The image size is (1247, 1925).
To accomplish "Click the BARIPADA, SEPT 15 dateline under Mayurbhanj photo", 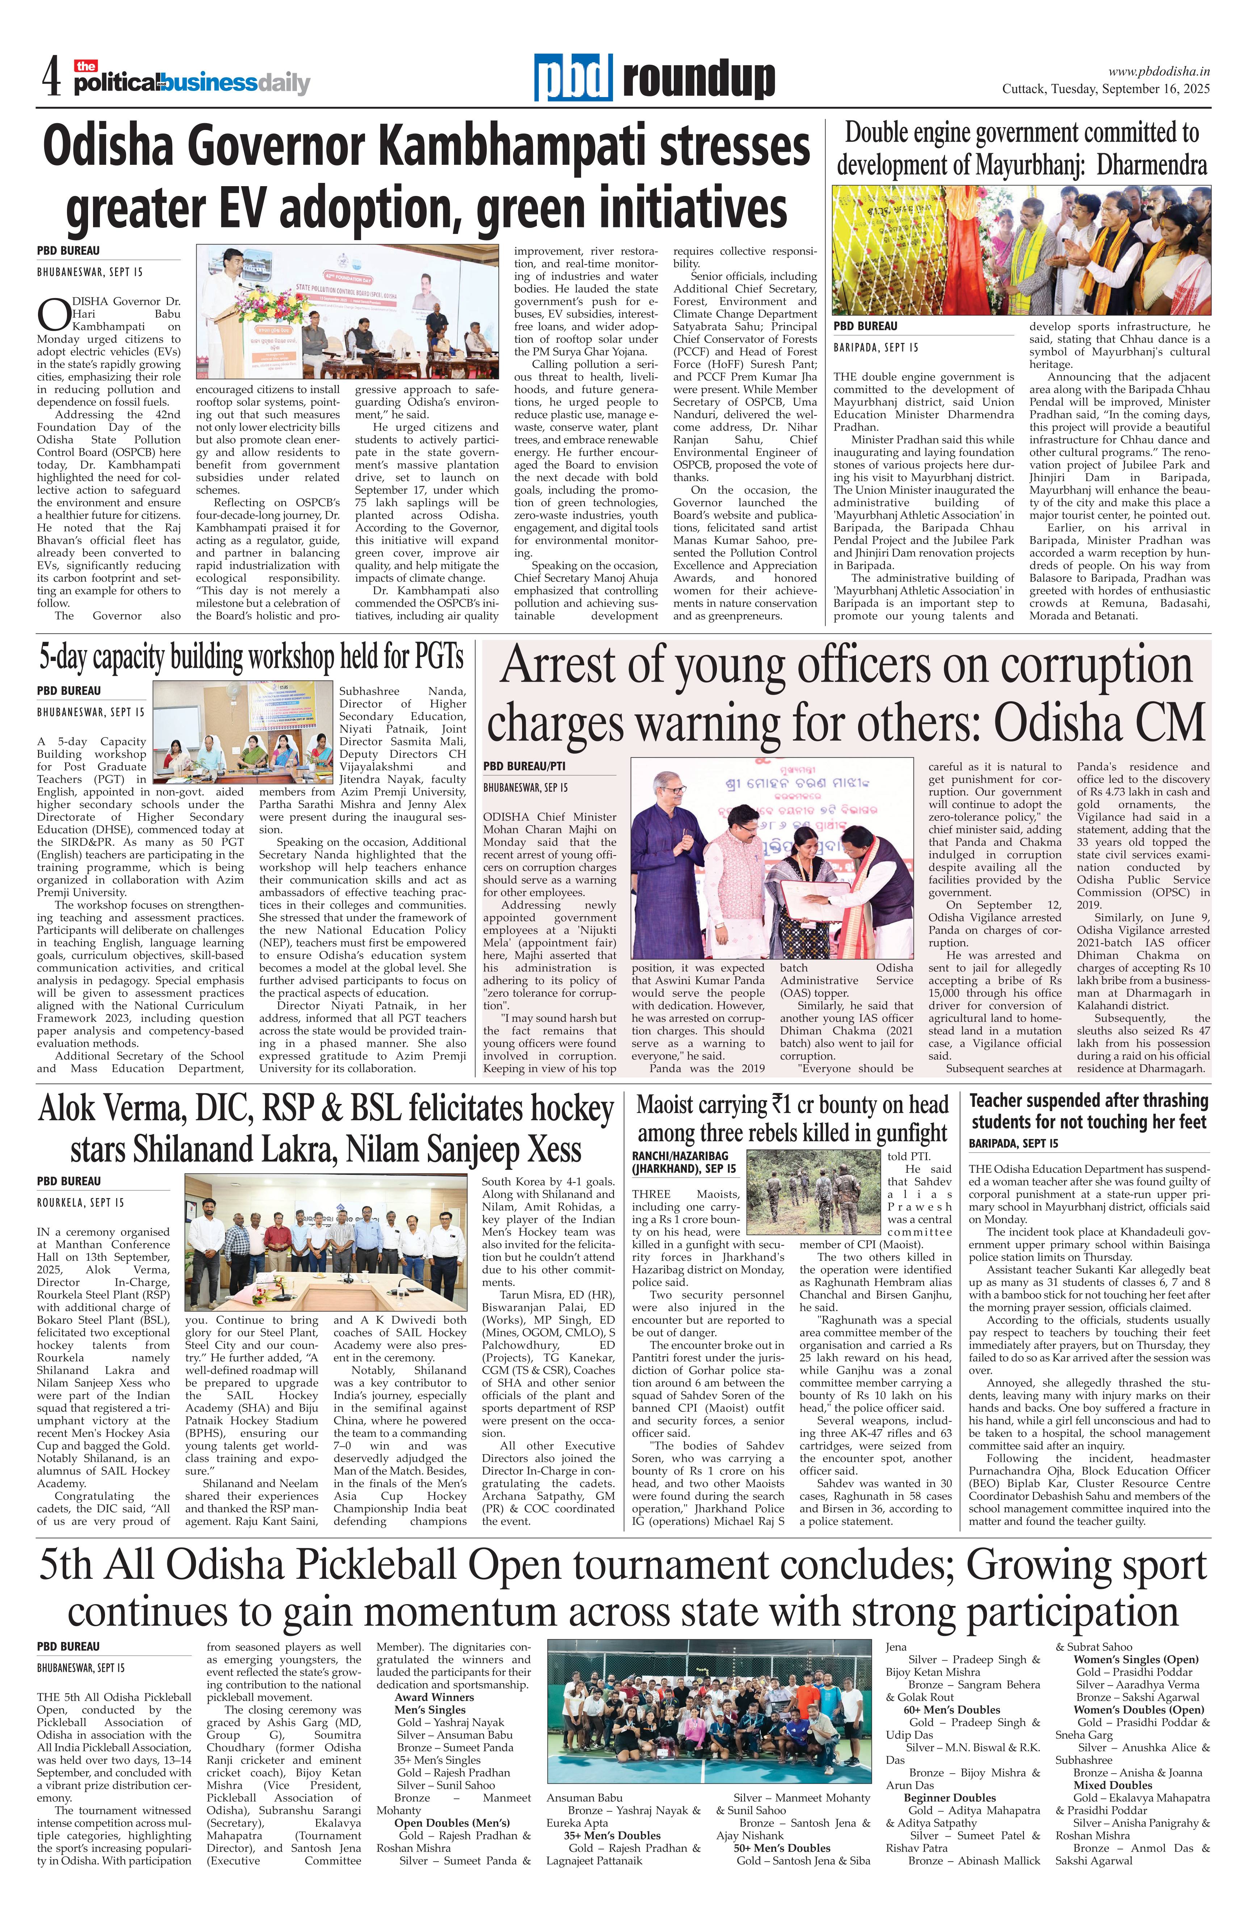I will (x=876, y=348).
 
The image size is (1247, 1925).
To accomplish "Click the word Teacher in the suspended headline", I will (x=1000, y=1101).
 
